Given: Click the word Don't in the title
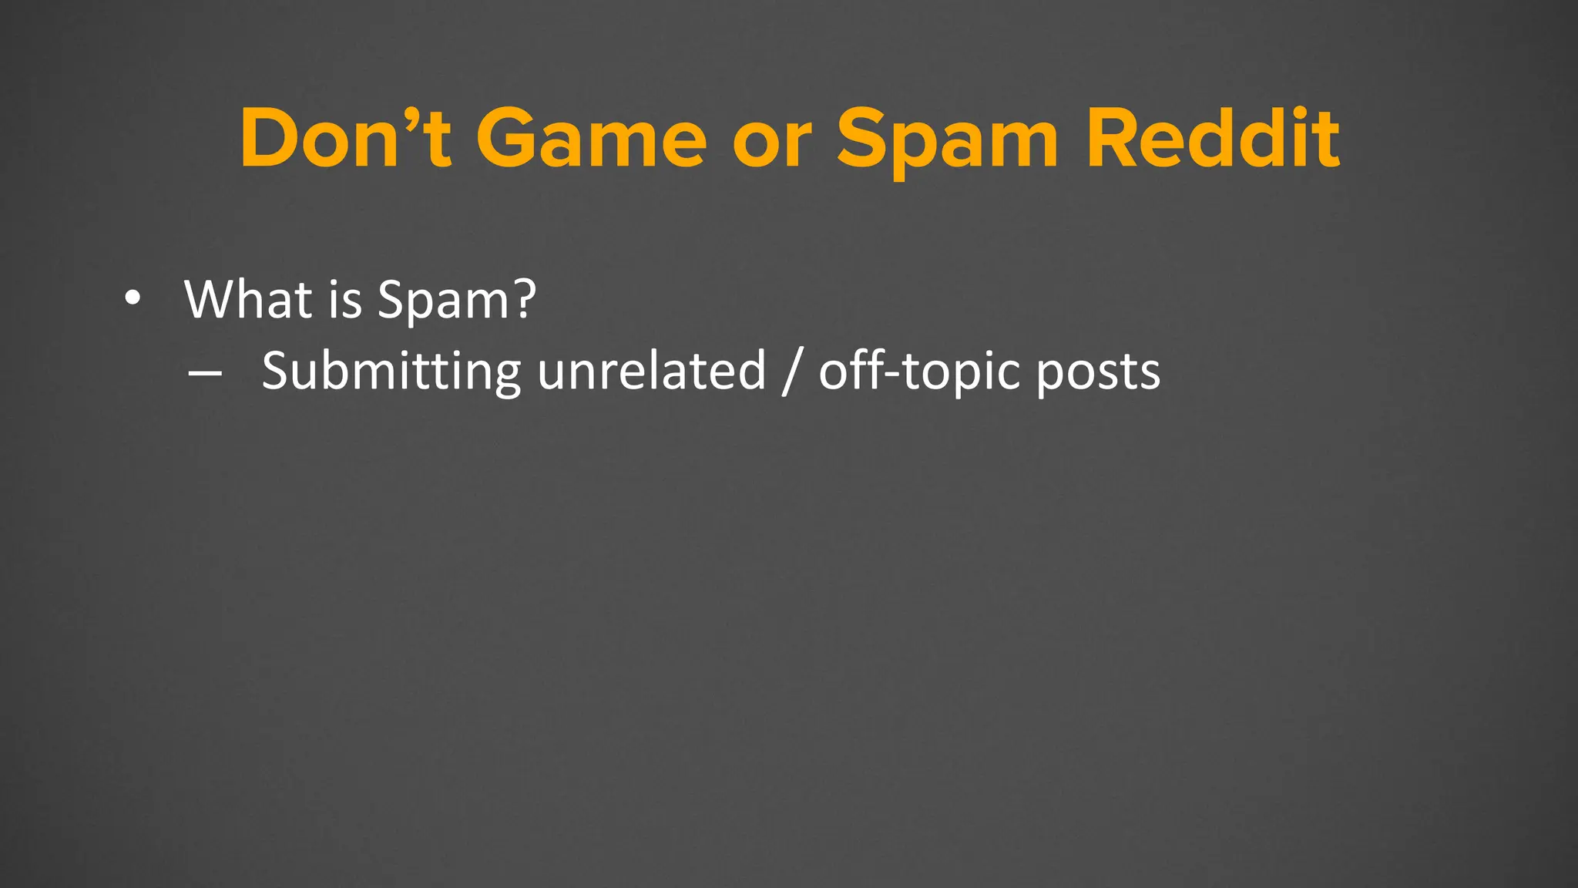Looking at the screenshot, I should pos(344,139).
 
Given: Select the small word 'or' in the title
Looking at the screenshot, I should pos(771,146).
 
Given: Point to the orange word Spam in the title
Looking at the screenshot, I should pos(948,143).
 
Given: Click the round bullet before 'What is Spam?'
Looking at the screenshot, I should pos(133,299).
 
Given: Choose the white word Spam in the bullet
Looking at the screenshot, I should pos(443,301).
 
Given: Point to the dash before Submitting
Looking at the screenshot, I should pos(204,373).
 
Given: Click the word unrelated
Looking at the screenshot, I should pos(651,371).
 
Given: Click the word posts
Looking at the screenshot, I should pos(1097,374).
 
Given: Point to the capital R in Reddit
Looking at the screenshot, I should pos(1115,139).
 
